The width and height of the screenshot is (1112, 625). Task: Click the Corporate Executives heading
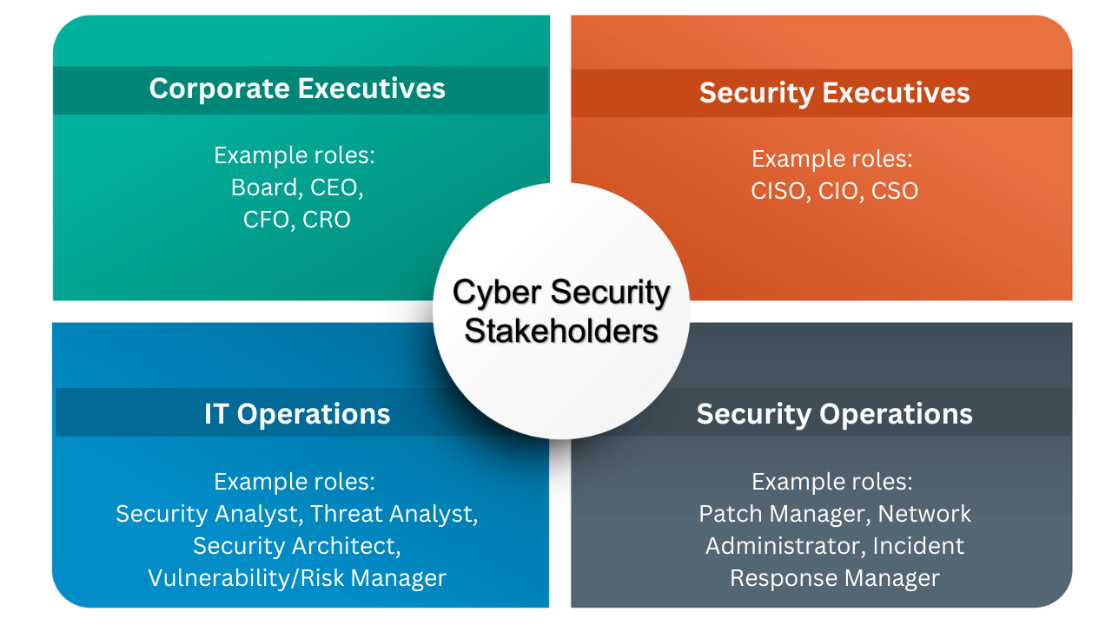[x=297, y=89]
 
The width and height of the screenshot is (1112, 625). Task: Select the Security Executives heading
[x=834, y=93]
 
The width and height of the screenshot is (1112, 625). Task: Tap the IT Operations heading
[x=297, y=414]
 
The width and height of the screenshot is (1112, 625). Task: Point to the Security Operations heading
[x=834, y=414]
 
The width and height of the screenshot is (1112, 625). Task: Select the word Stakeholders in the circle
[x=561, y=331]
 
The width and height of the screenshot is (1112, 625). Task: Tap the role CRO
[x=327, y=220]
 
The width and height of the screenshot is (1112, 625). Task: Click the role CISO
[x=778, y=191]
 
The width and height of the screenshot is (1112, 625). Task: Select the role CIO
[x=838, y=191]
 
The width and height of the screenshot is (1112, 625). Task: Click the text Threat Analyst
[x=394, y=514]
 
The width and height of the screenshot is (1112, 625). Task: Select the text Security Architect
[x=296, y=546]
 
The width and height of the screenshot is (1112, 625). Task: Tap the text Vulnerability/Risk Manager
[x=297, y=578]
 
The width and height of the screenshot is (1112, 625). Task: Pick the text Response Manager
[x=834, y=578]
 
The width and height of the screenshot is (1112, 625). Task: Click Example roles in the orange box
[x=831, y=160]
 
